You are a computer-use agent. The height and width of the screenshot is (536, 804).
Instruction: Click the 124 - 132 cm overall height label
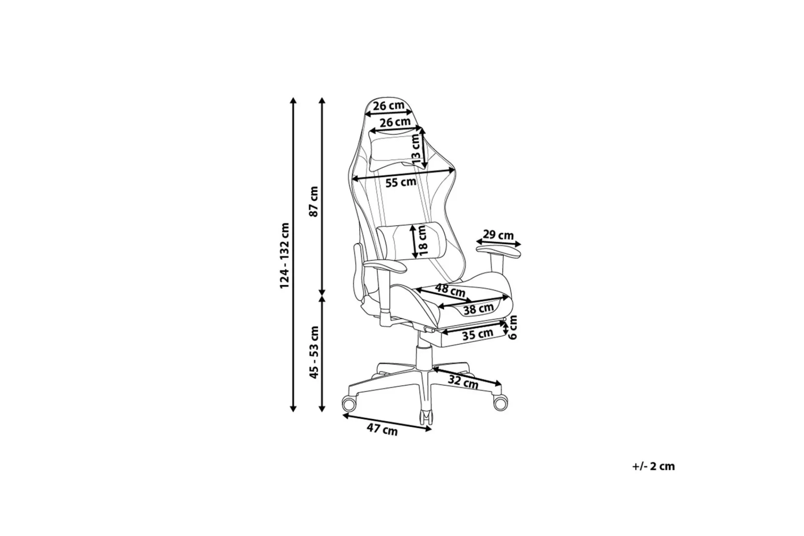pos(285,255)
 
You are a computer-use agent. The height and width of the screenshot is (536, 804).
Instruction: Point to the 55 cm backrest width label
pos(401,182)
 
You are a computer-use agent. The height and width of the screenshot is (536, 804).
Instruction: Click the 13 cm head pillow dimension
pos(415,149)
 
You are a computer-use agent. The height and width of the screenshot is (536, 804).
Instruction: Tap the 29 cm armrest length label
pos(498,235)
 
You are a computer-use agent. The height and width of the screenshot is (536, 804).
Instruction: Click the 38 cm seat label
pos(479,309)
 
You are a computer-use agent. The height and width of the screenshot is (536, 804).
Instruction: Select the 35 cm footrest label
pos(478,334)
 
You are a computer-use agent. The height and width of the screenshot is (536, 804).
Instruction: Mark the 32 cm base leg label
pos(463,382)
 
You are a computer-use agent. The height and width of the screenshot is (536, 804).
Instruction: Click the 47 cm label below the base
pos(382,429)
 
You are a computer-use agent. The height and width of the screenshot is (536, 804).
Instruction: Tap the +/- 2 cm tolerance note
pos(654,466)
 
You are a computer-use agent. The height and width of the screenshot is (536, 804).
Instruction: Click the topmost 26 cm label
pos(389,106)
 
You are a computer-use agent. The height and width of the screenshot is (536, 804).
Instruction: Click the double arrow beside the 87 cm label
pos(322,197)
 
